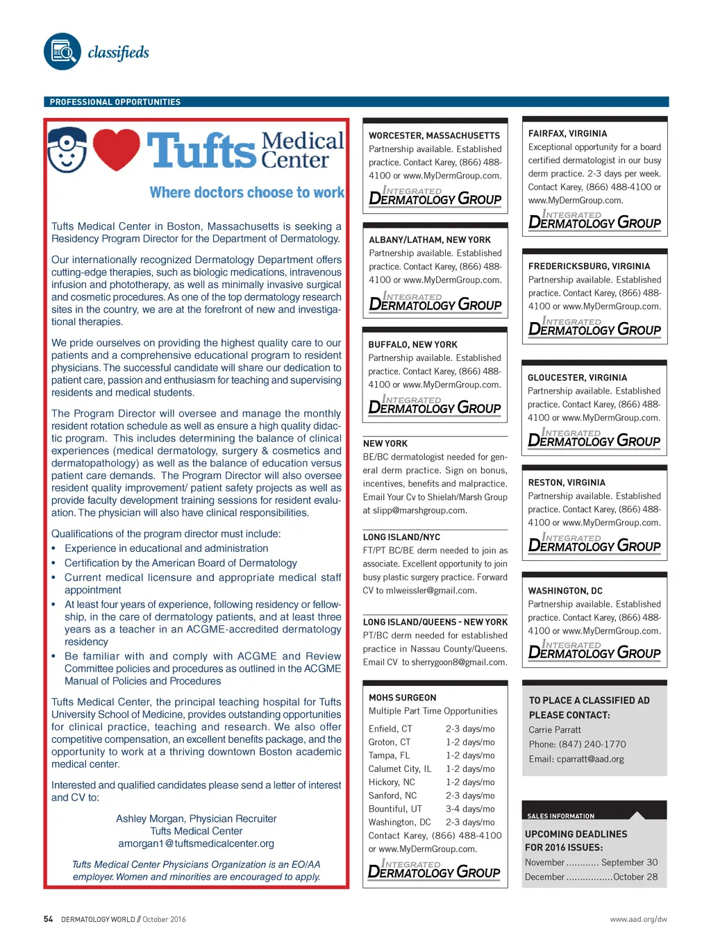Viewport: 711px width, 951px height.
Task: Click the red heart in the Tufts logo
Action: click(x=116, y=149)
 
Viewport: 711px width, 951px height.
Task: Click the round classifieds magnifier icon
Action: click(x=62, y=52)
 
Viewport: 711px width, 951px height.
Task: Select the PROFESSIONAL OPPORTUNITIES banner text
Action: click(x=115, y=102)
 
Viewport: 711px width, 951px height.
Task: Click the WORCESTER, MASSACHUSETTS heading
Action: click(x=434, y=136)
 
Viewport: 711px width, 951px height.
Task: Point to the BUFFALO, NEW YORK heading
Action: click(x=412, y=344)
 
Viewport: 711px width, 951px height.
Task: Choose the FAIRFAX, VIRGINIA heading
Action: click(x=567, y=133)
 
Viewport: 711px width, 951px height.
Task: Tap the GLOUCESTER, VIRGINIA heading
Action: click(x=577, y=378)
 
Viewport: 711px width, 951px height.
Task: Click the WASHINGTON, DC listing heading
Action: click(x=565, y=591)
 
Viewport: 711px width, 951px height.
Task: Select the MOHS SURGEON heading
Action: click(x=403, y=698)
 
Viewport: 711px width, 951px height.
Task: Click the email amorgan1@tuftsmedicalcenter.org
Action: click(x=196, y=843)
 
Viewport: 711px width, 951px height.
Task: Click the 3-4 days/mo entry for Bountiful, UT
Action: click(x=470, y=809)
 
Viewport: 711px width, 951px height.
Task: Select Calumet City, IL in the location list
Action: click(x=400, y=768)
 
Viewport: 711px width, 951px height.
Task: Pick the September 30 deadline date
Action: click(x=629, y=862)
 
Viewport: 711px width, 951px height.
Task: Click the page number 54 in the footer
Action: click(x=48, y=919)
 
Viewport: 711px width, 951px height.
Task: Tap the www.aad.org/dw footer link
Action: click(x=638, y=919)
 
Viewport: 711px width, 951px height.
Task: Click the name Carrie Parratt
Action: click(x=555, y=730)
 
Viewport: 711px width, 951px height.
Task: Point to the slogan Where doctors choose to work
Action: click(x=246, y=192)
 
